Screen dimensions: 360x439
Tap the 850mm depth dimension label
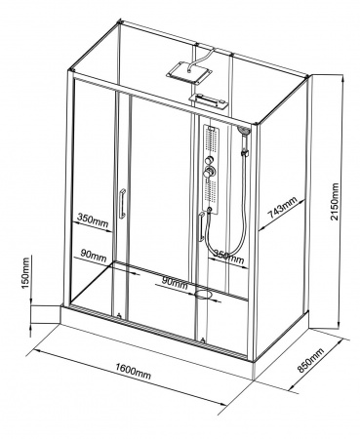[x=311, y=361]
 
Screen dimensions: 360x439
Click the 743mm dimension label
[x=282, y=208]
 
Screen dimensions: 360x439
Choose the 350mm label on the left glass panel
[x=93, y=219]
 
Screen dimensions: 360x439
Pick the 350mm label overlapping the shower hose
[x=227, y=257]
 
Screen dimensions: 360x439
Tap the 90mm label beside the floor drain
[x=175, y=283]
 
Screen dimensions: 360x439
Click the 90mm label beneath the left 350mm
[x=94, y=256]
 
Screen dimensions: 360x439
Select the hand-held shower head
[x=244, y=131]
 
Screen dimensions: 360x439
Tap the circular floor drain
[x=203, y=295]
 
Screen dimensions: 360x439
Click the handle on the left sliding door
[x=122, y=203]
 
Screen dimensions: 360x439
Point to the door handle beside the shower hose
[x=202, y=227]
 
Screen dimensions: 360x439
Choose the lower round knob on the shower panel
[x=208, y=172]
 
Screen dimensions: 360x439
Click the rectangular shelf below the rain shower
[x=209, y=101]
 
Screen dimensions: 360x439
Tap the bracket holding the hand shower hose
[x=245, y=152]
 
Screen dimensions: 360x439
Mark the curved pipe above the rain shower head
[x=201, y=59]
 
